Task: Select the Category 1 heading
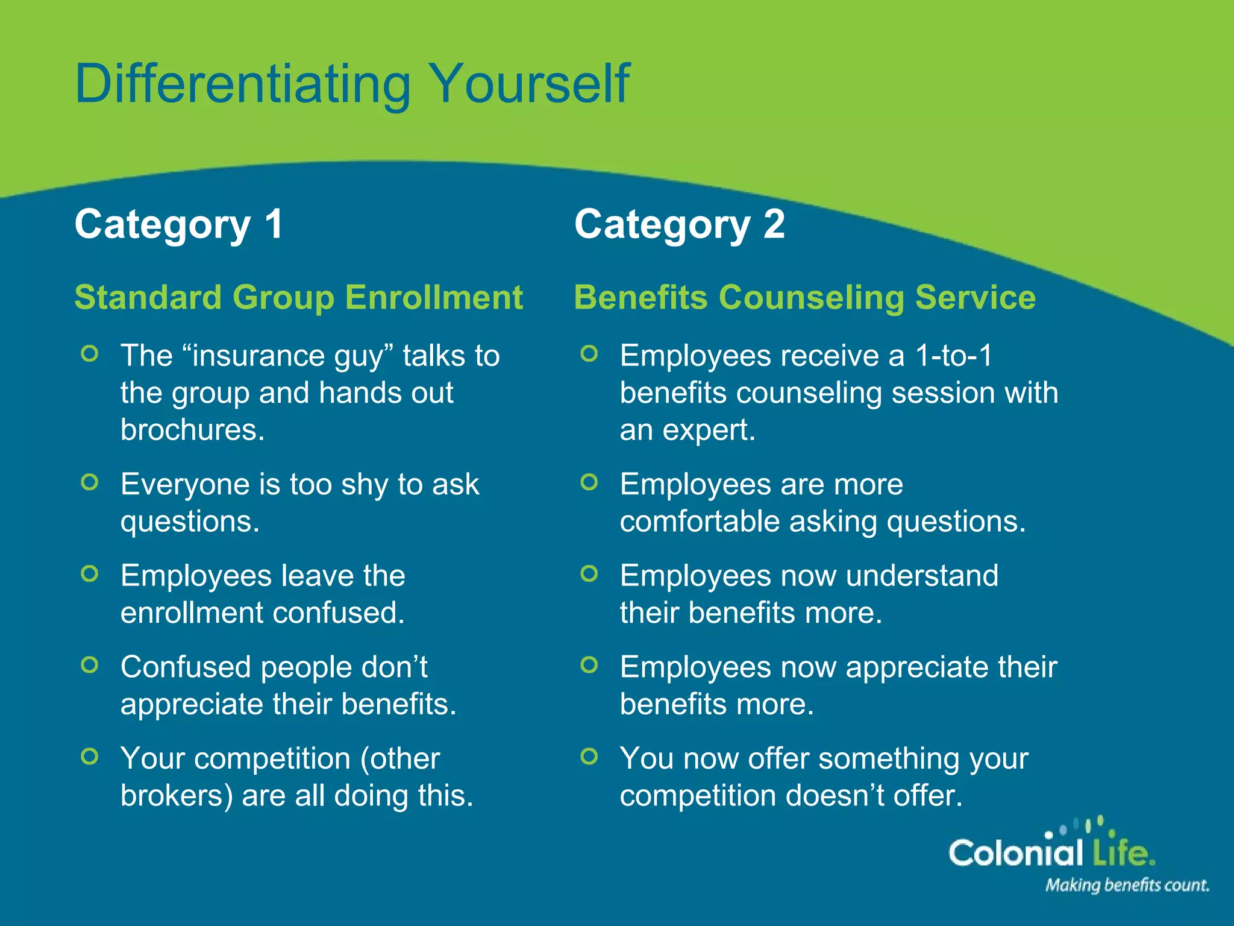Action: click(x=178, y=224)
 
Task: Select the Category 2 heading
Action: click(x=679, y=224)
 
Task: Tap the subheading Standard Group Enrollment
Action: click(x=298, y=297)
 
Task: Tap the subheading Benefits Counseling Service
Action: click(x=804, y=297)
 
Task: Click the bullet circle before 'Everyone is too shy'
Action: click(x=89, y=482)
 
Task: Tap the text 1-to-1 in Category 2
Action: click(x=953, y=355)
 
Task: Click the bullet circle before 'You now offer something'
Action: click(x=589, y=756)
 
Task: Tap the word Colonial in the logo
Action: click(x=1015, y=852)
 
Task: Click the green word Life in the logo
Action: click(x=1121, y=852)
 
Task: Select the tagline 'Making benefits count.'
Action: click(x=1127, y=885)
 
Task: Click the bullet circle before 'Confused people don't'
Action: click(x=89, y=665)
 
